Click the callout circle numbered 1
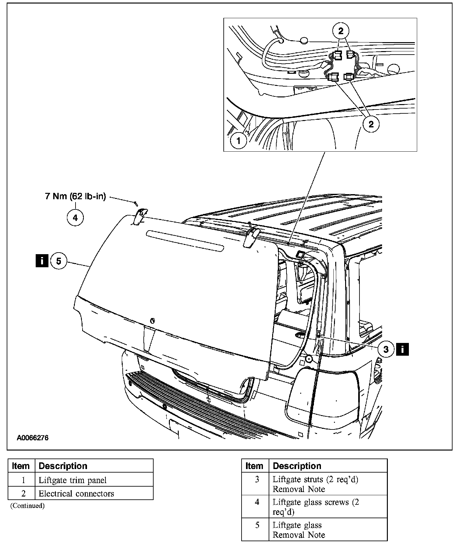(x=239, y=140)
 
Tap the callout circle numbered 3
(x=386, y=349)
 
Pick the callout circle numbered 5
(x=59, y=261)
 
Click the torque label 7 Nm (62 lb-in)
(x=76, y=196)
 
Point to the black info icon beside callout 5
(x=42, y=261)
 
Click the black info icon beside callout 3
(x=402, y=349)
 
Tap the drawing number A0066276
(x=33, y=438)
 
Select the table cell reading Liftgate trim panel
(x=73, y=480)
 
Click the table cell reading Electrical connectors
(x=76, y=493)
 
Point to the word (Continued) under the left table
(x=27, y=506)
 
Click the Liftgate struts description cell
(x=315, y=484)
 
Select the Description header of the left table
(x=63, y=466)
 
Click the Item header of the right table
(x=254, y=466)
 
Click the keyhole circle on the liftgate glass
(x=152, y=320)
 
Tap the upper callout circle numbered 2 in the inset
(x=341, y=31)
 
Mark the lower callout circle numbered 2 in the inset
(x=371, y=124)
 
